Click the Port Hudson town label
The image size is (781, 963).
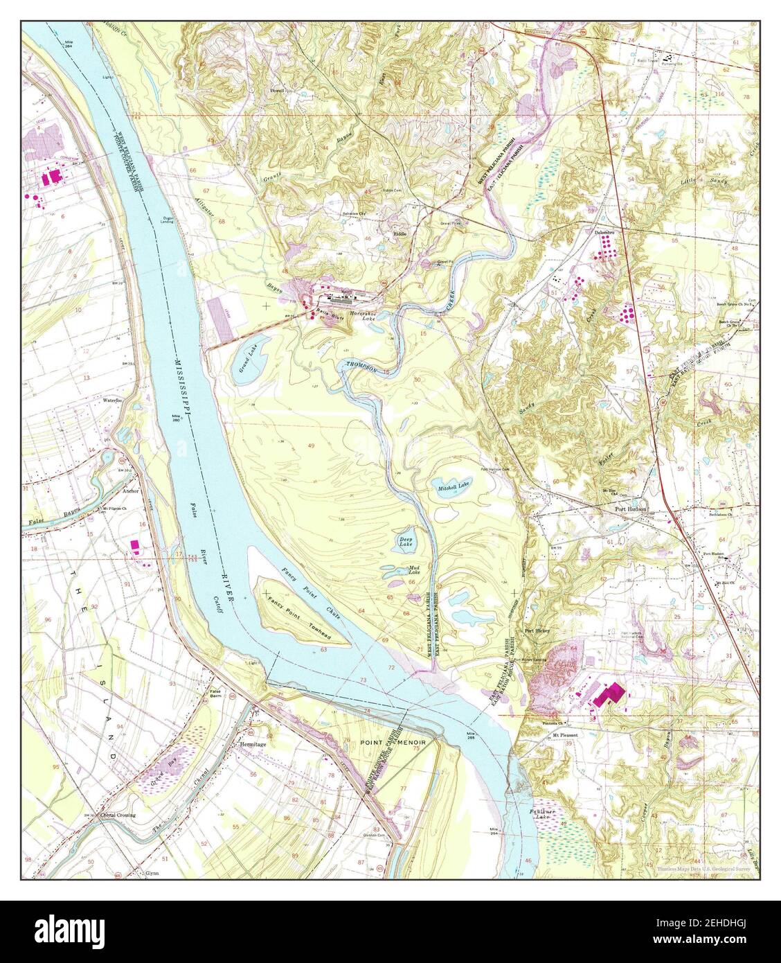point(631,509)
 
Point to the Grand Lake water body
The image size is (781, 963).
point(246,360)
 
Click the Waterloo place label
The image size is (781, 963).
point(112,400)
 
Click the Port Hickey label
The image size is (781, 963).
point(537,631)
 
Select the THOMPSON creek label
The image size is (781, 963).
point(361,368)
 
